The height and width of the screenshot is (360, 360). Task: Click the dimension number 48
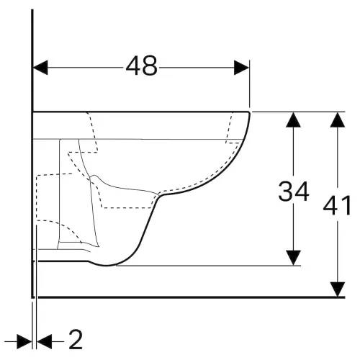pyautogui.click(x=142, y=66)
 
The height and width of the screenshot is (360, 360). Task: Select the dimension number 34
pyautogui.click(x=293, y=192)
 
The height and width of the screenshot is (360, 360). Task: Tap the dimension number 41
pyautogui.click(x=337, y=205)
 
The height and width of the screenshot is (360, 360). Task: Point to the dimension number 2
pyautogui.click(x=76, y=340)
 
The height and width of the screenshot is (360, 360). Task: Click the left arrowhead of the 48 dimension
pyautogui.click(x=40, y=68)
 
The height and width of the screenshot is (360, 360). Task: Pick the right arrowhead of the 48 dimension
pyautogui.click(x=241, y=68)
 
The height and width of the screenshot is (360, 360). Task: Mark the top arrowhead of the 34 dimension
pyautogui.click(x=293, y=120)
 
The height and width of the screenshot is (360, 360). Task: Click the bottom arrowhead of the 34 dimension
pyautogui.click(x=293, y=258)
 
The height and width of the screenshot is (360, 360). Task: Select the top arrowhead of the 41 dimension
pyautogui.click(x=338, y=120)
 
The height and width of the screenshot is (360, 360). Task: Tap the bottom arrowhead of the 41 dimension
pyautogui.click(x=338, y=289)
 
